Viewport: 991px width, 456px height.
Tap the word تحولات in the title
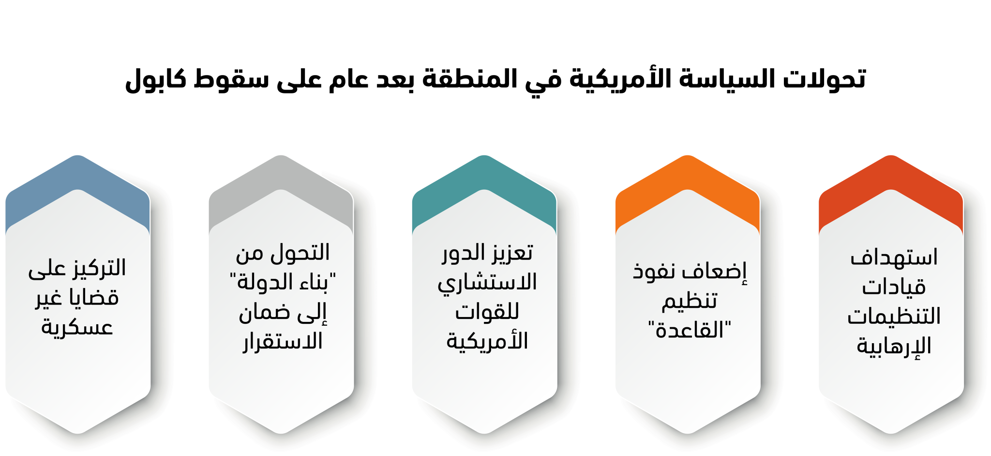pyautogui.click(x=825, y=78)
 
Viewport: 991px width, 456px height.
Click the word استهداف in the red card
pyautogui.click(x=894, y=257)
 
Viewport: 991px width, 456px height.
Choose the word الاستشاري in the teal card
pyautogui.click(x=487, y=283)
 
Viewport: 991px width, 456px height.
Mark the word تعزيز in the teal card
pyautogui.click(x=511, y=253)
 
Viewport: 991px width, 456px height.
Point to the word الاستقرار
pyautogui.click(x=283, y=342)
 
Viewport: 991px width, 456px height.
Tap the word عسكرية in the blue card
pyautogui.click(x=77, y=327)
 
